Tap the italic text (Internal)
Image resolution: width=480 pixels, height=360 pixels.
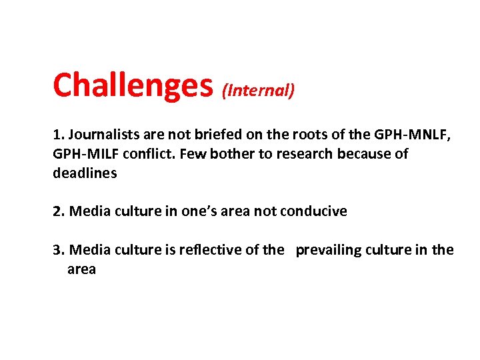tap(258, 91)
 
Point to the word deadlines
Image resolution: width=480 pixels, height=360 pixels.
tap(85, 173)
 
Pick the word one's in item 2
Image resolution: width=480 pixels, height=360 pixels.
tap(198, 211)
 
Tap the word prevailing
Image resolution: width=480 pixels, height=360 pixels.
tap(329, 250)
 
